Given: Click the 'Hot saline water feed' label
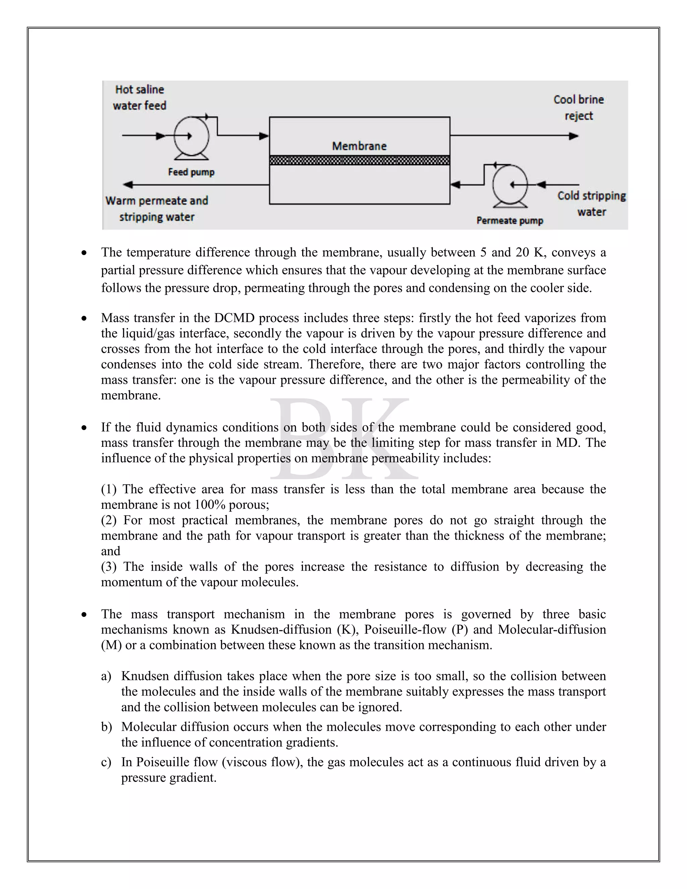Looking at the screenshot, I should point(140,98).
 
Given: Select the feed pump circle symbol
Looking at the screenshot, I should point(191,136).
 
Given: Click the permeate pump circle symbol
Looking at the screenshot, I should point(510,185).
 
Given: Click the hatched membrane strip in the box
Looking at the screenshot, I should point(359,160).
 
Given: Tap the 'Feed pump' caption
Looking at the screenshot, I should point(191,172).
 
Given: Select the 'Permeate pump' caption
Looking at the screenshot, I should point(510,221).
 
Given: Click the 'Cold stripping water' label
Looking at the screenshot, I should point(591,204).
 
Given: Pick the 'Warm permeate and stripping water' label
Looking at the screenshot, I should point(157,209).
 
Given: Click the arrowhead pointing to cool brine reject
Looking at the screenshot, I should point(574,136).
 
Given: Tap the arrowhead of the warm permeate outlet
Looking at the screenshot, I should point(128,185).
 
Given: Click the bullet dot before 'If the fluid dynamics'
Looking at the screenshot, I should point(84,428).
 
